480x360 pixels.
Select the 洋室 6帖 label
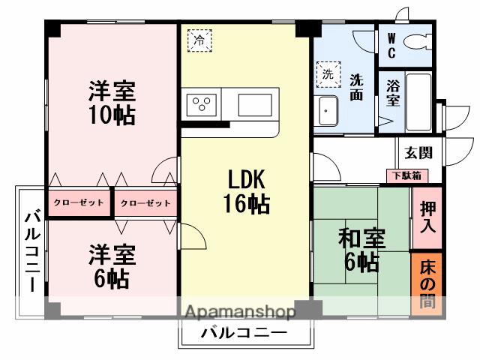112,266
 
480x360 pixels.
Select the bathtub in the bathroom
418,102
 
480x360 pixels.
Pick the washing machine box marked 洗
328,74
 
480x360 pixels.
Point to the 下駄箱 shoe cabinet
408,175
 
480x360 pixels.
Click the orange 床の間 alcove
427,284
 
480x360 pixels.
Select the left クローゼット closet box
79,203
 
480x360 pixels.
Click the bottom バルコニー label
244,334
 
